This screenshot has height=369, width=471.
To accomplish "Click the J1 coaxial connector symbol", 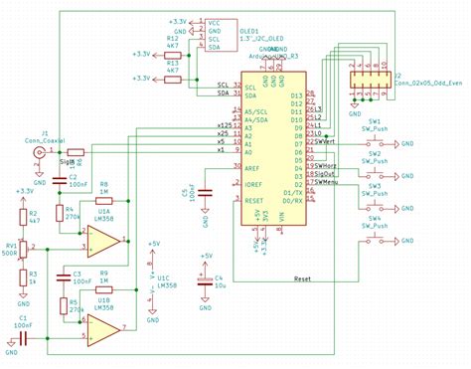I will tap(40, 154).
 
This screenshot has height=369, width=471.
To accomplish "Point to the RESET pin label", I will tap(252, 200).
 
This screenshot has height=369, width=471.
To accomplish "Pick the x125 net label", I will tap(224, 126).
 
